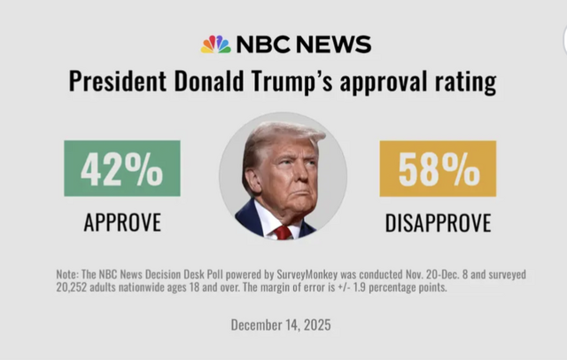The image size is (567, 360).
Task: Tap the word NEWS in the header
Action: [336, 44]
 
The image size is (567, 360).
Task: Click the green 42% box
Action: [121, 168]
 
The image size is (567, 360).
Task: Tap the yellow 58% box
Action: [438, 168]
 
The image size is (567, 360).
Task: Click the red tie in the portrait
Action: [282, 232]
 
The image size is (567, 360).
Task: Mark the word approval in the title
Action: [383, 84]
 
